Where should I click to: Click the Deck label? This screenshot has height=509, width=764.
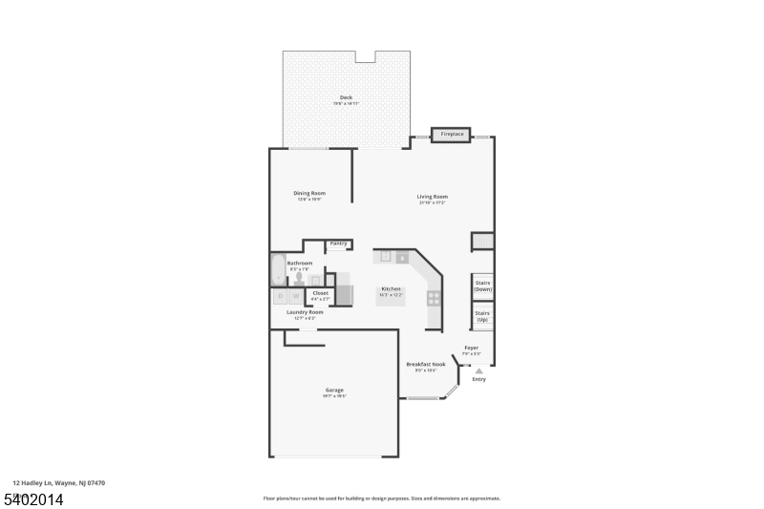tap(346, 97)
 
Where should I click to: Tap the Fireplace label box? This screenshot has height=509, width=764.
tap(452, 135)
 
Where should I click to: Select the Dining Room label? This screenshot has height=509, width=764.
tap(309, 194)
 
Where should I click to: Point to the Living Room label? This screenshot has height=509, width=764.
tap(432, 197)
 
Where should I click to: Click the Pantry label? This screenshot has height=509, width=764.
tap(338, 244)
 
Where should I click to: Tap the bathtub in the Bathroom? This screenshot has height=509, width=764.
tap(277, 270)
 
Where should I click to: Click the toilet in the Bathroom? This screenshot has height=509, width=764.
tap(299, 280)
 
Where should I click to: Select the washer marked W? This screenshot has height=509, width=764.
tap(296, 296)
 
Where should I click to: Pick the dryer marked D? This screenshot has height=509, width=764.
tap(280, 296)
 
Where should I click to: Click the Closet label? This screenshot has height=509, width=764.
tap(320, 293)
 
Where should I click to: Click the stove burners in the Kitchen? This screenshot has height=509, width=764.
tap(434, 297)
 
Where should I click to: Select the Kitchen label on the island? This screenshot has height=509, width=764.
tap(392, 289)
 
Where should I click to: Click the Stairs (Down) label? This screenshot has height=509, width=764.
tap(482, 286)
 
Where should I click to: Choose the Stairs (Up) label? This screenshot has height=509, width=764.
tap(482, 315)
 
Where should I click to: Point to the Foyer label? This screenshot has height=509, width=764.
tap(471, 348)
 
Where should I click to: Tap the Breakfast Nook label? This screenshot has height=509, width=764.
tap(426, 364)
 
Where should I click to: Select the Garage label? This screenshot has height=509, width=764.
tap(334, 390)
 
